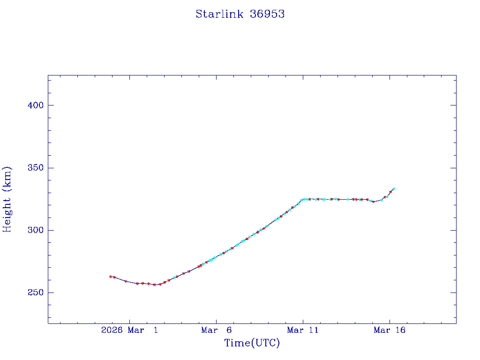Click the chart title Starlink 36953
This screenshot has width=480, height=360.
(x=240, y=14)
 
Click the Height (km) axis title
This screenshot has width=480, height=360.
(x=7, y=199)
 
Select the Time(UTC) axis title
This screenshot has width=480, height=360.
(x=252, y=343)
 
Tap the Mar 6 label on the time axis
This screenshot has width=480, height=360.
(x=216, y=330)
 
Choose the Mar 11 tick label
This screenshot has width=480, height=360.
(x=303, y=330)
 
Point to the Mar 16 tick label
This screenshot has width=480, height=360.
(x=389, y=330)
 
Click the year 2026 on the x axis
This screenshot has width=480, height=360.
(x=112, y=330)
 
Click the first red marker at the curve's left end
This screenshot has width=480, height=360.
(x=110, y=277)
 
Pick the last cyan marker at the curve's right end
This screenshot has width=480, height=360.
(x=394, y=188)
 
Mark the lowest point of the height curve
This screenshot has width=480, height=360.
(x=154, y=285)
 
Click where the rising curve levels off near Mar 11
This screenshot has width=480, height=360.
(x=302, y=199)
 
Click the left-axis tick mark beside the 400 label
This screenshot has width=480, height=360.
(x=51, y=105)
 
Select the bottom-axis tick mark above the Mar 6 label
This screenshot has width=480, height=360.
(x=216, y=321)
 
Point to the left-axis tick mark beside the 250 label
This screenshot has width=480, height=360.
(x=51, y=292)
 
